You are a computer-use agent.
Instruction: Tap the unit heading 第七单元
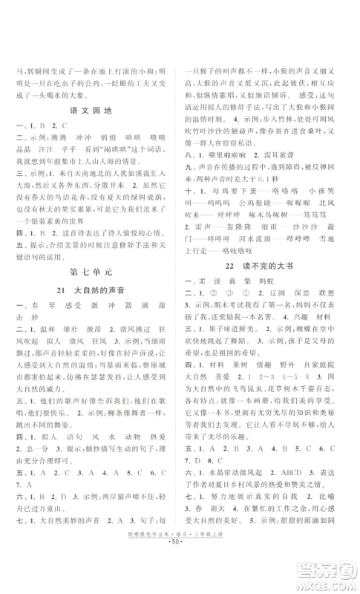90,281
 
